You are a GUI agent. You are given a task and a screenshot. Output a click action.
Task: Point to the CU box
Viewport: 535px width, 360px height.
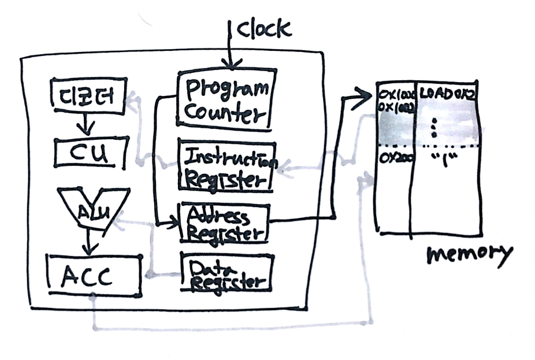[x=89, y=153]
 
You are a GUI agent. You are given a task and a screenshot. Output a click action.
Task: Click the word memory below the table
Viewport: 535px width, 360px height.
[x=469, y=255]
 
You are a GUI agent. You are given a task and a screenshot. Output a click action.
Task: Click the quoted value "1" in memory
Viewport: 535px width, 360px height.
[x=444, y=158]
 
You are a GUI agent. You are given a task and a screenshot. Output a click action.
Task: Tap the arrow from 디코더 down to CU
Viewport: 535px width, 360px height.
[x=87, y=124]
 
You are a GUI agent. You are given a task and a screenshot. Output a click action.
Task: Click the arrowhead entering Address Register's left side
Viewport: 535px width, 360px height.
[x=173, y=223]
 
